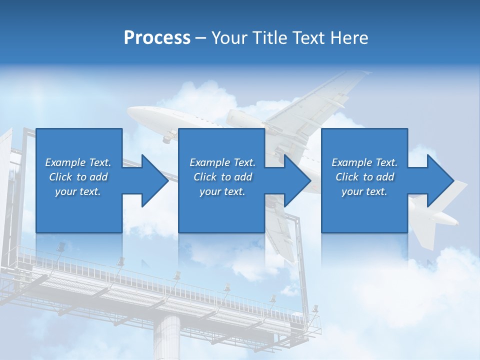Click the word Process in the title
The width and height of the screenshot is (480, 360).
pyautogui.click(x=157, y=38)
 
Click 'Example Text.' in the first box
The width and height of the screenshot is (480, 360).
pyautogui.click(x=78, y=162)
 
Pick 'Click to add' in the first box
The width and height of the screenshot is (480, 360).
pyautogui.click(x=78, y=177)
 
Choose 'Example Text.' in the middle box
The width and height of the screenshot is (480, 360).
pyautogui.click(x=222, y=162)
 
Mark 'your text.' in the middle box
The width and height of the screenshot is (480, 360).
pyautogui.click(x=222, y=191)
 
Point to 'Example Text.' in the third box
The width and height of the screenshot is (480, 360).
pyautogui.click(x=364, y=162)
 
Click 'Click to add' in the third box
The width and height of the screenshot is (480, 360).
pyautogui.click(x=364, y=177)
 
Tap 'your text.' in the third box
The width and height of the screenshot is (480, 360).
pyautogui.click(x=364, y=191)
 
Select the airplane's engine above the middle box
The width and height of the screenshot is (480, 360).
pyautogui.click(x=242, y=120)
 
